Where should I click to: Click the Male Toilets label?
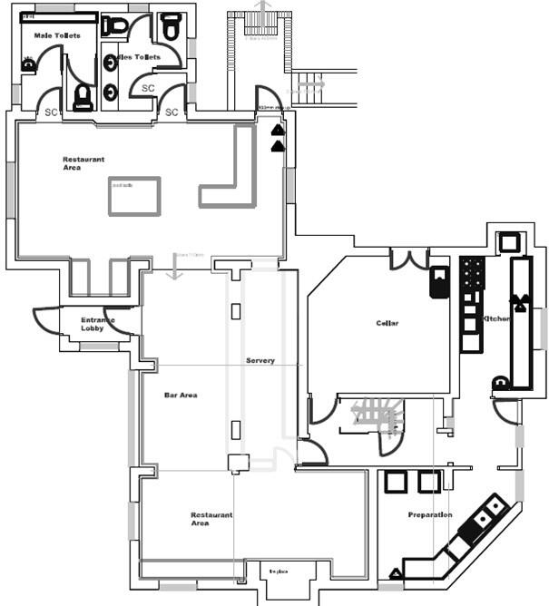[57, 35]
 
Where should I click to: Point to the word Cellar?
[387, 323]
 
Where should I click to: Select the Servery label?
[260, 361]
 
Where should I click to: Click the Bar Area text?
[181, 396]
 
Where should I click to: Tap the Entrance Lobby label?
[97, 324]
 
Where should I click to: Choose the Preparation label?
[430, 515]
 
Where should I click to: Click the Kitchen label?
[498, 318]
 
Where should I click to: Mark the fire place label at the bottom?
[279, 572]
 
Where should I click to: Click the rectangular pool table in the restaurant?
[134, 196]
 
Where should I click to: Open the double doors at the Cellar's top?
[409, 259]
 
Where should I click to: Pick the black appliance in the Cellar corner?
[439, 281]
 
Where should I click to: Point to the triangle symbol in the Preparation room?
[396, 572]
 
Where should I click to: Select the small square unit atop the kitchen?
[508, 241]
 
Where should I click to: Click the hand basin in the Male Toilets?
[28, 64]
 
